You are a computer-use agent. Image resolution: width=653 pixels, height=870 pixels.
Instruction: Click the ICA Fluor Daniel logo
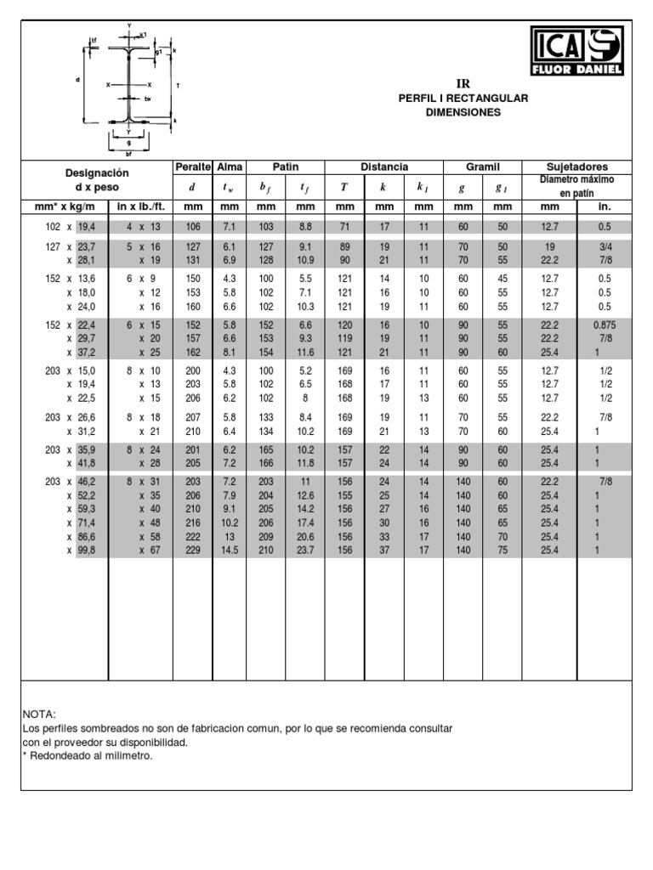pyautogui.click(x=577, y=51)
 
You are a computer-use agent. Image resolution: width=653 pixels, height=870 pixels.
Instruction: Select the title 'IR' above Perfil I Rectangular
pyautogui.click(x=463, y=83)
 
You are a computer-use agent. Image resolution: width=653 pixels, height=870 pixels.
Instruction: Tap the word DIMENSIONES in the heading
pyautogui.click(x=463, y=112)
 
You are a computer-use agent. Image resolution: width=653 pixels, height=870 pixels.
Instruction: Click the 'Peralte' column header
pyautogui.click(x=191, y=167)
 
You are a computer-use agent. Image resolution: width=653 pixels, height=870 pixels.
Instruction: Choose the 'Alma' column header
pyautogui.click(x=229, y=167)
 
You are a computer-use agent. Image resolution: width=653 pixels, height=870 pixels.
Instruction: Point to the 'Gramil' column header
pyautogui.click(x=482, y=167)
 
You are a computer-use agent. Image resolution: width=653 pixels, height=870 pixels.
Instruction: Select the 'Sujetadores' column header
pyautogui.click(x=576, y=167)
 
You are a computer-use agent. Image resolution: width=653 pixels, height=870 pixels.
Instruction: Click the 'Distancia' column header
pyautogui.click(x=384, y=167)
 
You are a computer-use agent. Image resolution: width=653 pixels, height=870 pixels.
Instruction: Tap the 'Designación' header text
pyautogui.click(x=96, y=172)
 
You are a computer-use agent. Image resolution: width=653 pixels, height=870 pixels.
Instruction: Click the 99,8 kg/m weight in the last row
pyautogui.click(x=87, y=551)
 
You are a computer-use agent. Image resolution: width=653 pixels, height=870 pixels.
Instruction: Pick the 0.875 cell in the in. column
pyautogui.click(x=604, y=325)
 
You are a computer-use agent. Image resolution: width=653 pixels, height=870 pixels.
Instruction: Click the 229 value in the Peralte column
pyautogui.click(x=191, y=551)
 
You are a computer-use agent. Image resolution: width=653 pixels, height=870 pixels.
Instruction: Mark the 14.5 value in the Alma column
pyautogui.click(x=229, y=551)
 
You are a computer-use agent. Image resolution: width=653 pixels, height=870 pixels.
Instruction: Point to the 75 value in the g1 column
pyautogui.click(x=503, y=551)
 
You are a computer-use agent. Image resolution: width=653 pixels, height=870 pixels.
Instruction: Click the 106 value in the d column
pyautogui.click(x=191, y=227)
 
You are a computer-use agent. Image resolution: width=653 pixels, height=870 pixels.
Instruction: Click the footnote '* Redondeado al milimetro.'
pyautogui.click(x=87, y=756)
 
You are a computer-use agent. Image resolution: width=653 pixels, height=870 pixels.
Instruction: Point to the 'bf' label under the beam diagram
pyautogui.click(x=128, y=155)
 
